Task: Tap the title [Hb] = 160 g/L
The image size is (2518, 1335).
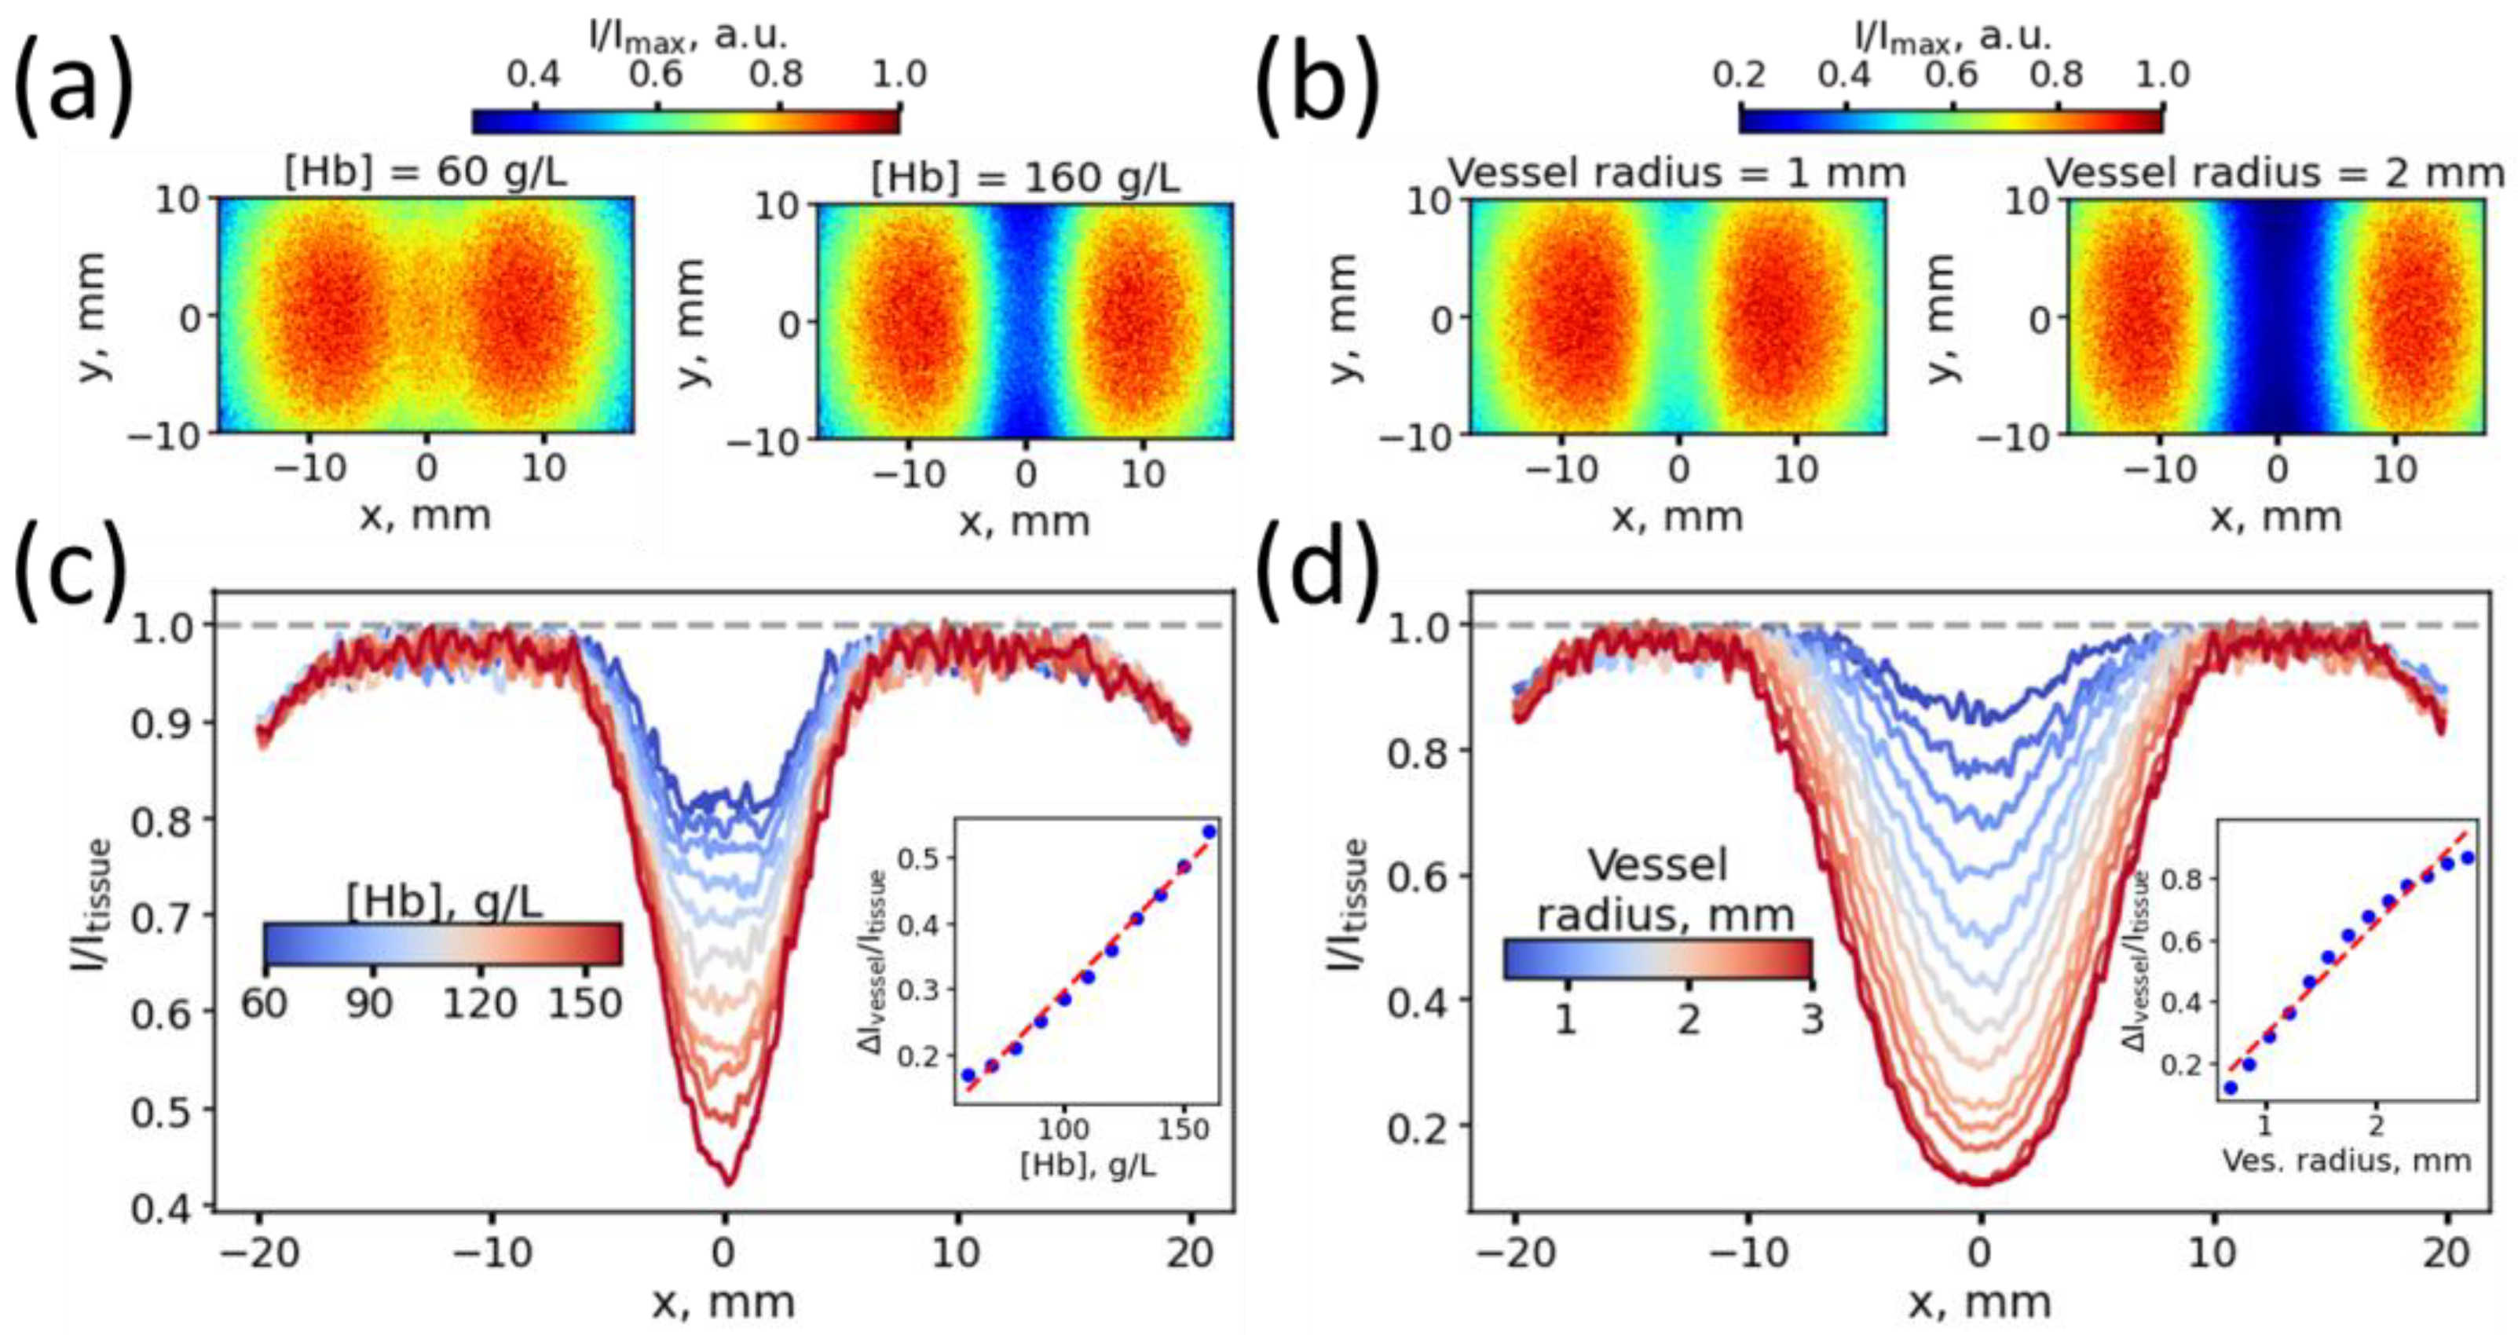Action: [1024, 179]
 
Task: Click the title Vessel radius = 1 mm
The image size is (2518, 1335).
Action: [1676, 173]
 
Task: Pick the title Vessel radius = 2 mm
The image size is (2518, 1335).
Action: [2275, 173]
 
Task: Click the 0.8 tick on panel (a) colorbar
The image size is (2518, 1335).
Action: [778, 75]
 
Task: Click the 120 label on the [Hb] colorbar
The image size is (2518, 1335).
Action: [478, 1003]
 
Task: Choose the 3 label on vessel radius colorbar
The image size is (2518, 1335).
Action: [1811, 1020]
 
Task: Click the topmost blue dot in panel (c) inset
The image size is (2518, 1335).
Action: [1210, 832]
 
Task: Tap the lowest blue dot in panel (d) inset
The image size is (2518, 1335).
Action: [2231, 1087]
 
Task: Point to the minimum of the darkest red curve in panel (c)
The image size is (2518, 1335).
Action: [727, 1183]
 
